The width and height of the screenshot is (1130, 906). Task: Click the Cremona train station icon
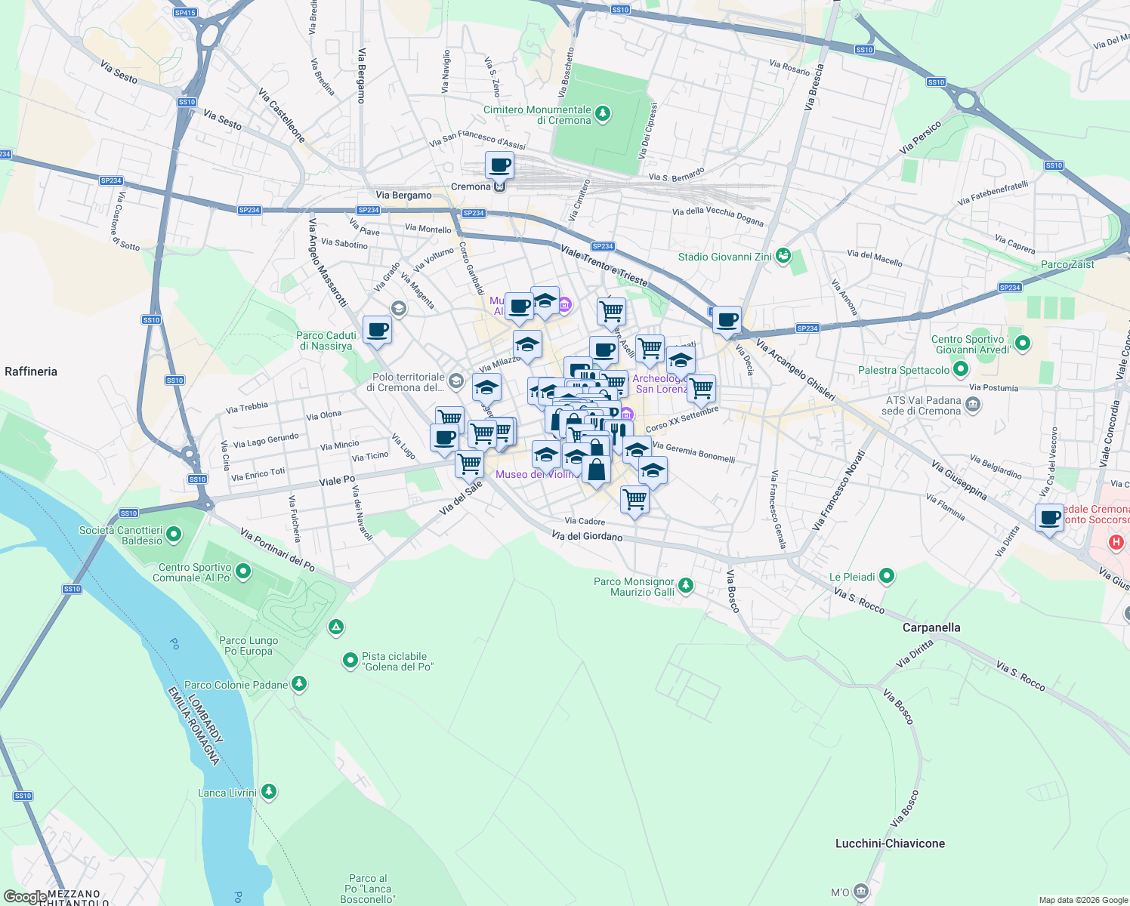tap(499, 186)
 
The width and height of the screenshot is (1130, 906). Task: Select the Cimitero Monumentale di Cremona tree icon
tap(602, 114)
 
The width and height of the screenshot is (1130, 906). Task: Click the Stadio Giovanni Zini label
tap(724, 257)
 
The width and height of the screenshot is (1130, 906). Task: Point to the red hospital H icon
tap(1116, 542)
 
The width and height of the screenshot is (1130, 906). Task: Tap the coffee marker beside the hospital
tap(1049, 518)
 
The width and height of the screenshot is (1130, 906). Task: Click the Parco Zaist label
tap(1067, 264)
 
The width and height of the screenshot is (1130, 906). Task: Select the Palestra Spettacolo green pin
tap(961, 370)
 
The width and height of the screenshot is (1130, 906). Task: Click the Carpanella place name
tap(931, 627)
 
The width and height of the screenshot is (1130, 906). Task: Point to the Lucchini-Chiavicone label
tap(890, 843)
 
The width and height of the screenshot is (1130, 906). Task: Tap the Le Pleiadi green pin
tap(887, 577)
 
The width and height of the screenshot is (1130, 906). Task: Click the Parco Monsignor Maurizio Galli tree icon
tap(685, 585)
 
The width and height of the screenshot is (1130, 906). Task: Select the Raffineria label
tap(31, 371)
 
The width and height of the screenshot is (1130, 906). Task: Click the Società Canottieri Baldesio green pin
tap(174, 535)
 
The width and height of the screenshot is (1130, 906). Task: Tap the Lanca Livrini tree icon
tap(269, 792)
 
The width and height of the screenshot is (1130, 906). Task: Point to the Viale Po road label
tap(337, 480)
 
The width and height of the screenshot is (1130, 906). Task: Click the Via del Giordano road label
tap(587, 536)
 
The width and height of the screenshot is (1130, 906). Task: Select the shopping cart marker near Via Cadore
tap(634, 499)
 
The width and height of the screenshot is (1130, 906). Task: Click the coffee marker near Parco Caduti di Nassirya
tap(377, 330)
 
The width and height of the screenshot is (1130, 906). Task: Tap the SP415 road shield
tap(184, 13)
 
